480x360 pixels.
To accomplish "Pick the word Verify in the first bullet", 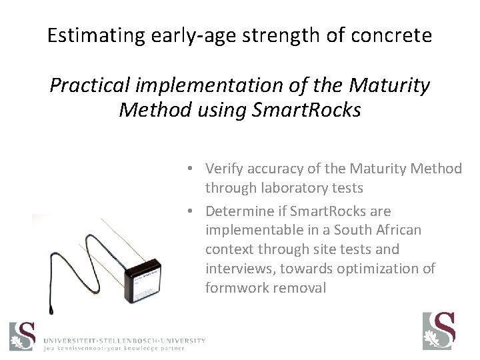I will click(x=224, y=168).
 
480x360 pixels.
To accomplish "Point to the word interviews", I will click(x=236, y=268).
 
